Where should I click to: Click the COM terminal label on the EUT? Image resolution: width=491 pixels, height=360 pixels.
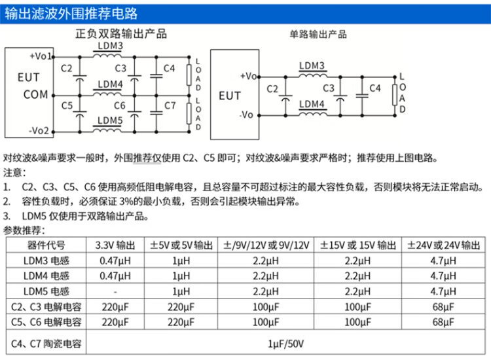coord(36,94)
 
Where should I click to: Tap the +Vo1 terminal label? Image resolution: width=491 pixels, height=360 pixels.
coord(41,56)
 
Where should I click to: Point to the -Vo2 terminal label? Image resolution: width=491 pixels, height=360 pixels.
coord(39,130)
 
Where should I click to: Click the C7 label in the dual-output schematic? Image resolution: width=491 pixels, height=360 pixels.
coord(170,105)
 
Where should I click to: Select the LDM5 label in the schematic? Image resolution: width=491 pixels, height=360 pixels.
coord(110,120)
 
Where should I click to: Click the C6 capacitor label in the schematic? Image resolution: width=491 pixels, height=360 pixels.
coord(120,105)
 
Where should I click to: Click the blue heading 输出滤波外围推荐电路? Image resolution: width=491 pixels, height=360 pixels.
coord(71,14)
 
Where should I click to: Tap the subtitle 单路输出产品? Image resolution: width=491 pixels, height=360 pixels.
coord(318,34)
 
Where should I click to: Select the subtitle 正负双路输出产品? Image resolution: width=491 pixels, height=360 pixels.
coord(121,33)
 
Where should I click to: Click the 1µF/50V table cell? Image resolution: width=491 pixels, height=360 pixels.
coord(285,344)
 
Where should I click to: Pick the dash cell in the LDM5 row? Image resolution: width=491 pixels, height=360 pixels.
coord(115,292)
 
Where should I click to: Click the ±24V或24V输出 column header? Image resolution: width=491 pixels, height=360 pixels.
coord(443,245)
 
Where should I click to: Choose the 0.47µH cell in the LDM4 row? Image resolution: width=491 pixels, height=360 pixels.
coord(115,276)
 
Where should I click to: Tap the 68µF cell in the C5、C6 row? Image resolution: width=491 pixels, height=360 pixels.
coord(443,322)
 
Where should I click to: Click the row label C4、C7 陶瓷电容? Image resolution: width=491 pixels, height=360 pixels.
coord(46,344)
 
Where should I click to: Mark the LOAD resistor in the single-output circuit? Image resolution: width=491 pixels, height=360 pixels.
coord(395,95)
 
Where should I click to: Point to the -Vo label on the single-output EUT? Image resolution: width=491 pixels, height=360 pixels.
coord(246,115)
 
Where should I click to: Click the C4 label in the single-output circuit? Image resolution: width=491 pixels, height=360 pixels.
coord(375,88)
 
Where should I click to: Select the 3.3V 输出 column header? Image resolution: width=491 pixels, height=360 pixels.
coord(115,245)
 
